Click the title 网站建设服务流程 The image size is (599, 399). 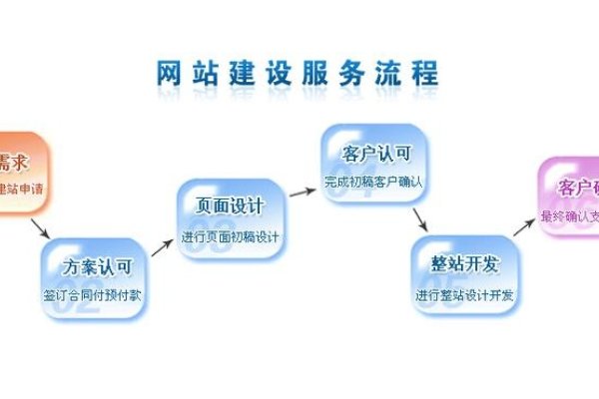tap(297, 75)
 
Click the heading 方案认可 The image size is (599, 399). tap(96, 266)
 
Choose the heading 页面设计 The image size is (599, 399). tap(231, 206)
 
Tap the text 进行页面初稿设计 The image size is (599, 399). tap(231, 237)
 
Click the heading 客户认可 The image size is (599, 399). tap(375, 155)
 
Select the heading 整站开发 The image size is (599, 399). tap(467, 264)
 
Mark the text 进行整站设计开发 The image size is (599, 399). tap(467, 295)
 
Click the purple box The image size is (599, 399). tap(570, 197)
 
